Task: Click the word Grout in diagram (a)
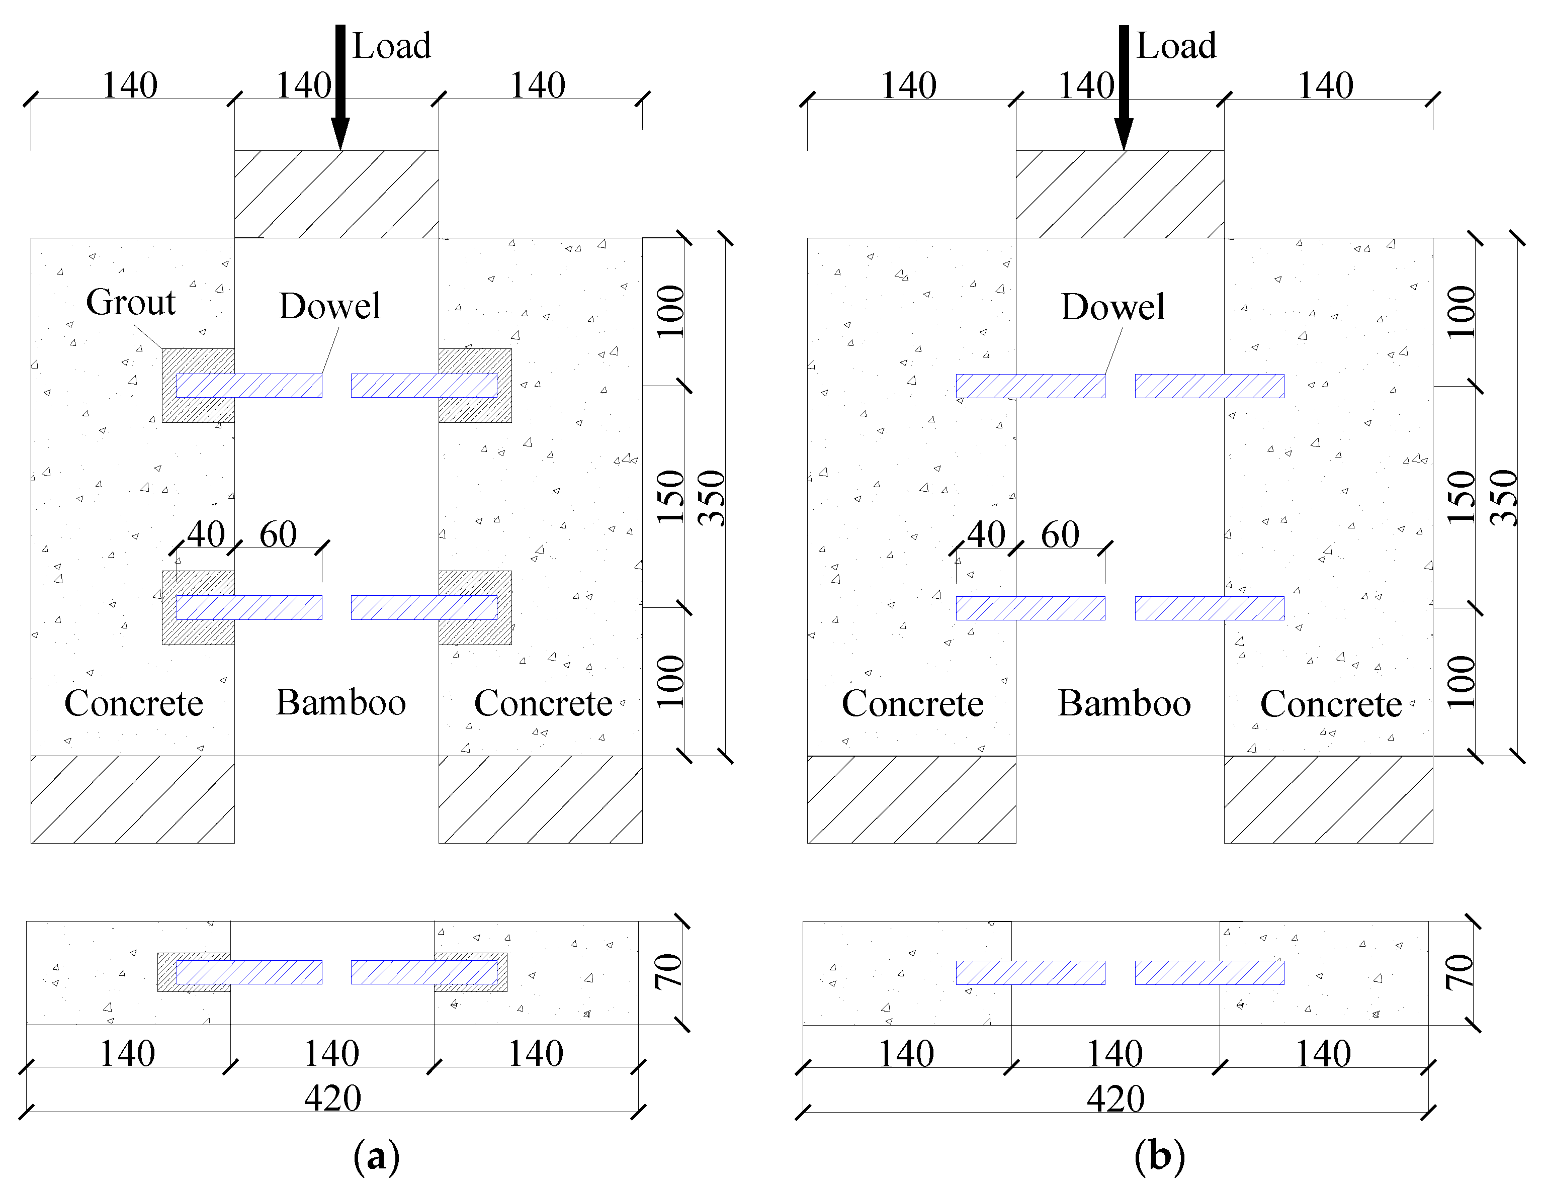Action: (x=131, y=303)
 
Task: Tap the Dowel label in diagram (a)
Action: (x=329, y=306)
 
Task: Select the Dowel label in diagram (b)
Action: (x=1113, y=307)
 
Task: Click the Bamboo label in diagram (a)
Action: (x=341, y=703)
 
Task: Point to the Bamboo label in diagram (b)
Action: (x=1124, y=703)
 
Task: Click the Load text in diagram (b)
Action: (x=1176, y=46)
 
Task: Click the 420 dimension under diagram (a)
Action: (x=332, y=1099)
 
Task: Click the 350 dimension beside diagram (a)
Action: (x=711, y=498)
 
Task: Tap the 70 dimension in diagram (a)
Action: (x=668, y=971)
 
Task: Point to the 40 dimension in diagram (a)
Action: (x=206, y=534)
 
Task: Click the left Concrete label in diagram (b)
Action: (x=912, y=704)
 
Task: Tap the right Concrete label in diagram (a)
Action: (x=543, y=703)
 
